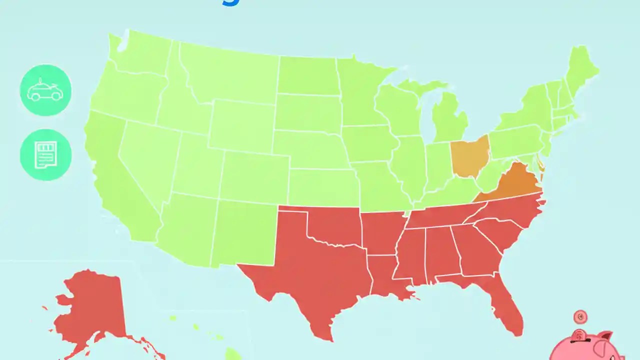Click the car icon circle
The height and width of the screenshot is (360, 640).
pyautogui.click(x=45, y=90)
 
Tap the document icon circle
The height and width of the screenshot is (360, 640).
pyautogui.click(x=45, y=154)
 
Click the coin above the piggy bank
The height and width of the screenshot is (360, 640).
pyautogui.click(x=580, y=317)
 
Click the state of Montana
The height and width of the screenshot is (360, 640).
pyautogui.click(x=230, y=75)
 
